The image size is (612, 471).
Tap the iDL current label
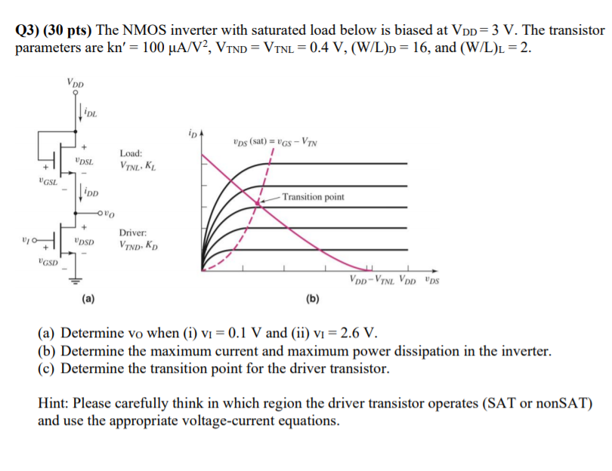click(91, 114)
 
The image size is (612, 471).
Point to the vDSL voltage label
click(85, 161)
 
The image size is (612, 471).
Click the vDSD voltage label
click(85, 242)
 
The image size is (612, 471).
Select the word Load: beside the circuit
click(131, 152)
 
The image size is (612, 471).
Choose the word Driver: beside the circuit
click(132, 234)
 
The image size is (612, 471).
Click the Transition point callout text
click(313, 197)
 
